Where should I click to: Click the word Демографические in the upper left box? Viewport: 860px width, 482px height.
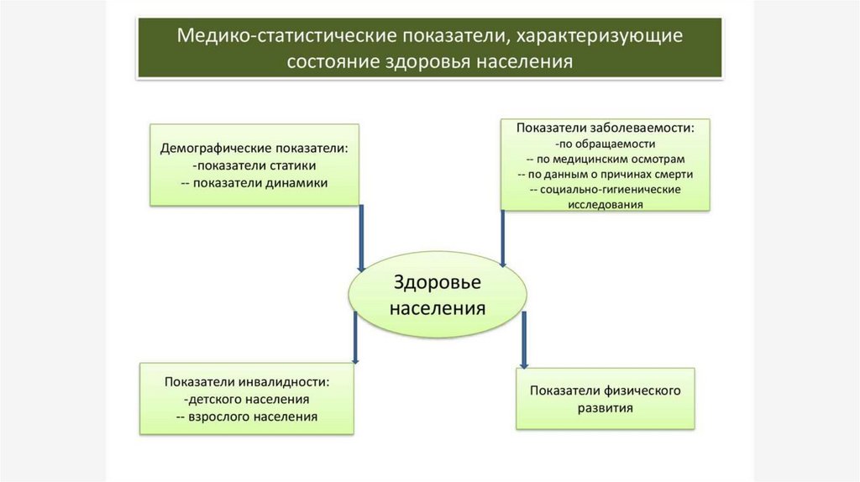(x=209, y=148)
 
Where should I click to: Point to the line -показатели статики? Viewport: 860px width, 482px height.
(x=254, y=165)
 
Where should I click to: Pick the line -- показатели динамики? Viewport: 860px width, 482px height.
(x=254, y=182)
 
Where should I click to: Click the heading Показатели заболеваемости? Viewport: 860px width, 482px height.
(x=605, y=128)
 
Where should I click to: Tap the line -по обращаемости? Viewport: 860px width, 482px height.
(x=605, y=144)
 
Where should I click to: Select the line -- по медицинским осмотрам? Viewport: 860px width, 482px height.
(x=605, y=159)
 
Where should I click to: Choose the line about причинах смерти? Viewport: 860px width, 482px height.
(x=605, y=174)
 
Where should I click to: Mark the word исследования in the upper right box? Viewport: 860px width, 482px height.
(x=605, y=204)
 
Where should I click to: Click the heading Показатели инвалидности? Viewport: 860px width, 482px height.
(x=247, y=381)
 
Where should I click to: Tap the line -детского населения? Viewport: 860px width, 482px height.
(x=247, y=399)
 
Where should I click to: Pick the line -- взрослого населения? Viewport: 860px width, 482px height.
(x=247, y=417)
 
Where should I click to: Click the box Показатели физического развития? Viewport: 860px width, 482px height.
(x=605, y=399)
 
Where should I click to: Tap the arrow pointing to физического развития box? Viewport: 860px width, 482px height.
(x=524, y=340)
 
